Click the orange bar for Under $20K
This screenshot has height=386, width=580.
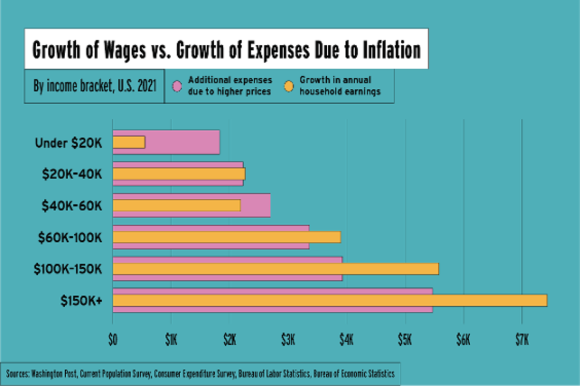click(x=129, y=142)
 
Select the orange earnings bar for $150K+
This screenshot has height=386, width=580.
click(x=330, y=300)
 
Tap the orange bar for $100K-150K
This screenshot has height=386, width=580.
click(x=275, y=269)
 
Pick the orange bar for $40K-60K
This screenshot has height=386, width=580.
click(x=176, y=205)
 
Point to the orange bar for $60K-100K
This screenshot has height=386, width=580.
click(x=227, y=237)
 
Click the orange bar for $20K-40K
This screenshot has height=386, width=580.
click(x=179, y=174)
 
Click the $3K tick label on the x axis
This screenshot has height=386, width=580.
click(x=288, y=340)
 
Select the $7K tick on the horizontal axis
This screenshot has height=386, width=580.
click(x=522, y=340)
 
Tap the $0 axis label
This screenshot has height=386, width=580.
click(x=113, y=340)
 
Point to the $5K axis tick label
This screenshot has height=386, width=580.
click(x=405, y=340)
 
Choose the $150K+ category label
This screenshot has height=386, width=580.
click(x=81, y=300)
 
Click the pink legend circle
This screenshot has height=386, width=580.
click(x=177, y=86)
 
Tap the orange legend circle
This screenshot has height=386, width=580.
click(x=289, y=86)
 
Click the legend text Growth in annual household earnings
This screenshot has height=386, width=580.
click(x=340, y=86)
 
